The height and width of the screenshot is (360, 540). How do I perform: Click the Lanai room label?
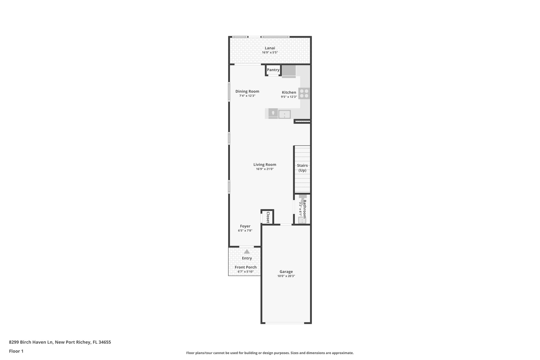[270, 48]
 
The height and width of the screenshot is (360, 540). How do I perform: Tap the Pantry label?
[273, 70]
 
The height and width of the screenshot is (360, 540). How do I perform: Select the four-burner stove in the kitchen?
[304, 93]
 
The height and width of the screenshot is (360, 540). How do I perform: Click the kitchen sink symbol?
[285, 114]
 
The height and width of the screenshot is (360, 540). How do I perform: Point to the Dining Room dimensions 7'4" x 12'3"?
[247, 96]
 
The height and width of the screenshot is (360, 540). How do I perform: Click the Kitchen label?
[289, 92]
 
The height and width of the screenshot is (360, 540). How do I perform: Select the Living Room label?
[265, 165]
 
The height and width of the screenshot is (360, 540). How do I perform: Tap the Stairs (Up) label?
[302, 168]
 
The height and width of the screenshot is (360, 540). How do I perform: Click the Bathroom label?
[305, 209]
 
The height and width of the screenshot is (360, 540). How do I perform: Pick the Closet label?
[268, 217]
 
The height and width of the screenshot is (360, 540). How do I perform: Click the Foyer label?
[245, 226]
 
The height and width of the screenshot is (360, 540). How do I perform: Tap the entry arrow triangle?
[247, 252]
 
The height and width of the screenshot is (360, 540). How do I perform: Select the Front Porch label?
[245, 267]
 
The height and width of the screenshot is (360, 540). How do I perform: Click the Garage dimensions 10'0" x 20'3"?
[286, 276]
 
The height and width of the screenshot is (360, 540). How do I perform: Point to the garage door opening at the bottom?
[285, 323]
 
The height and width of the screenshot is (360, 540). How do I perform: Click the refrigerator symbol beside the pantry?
[289, 71]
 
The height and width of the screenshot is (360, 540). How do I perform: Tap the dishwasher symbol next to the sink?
[273, 114]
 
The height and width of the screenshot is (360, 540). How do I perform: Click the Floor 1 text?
[16, 351]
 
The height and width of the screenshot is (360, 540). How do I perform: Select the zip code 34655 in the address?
[104, 342]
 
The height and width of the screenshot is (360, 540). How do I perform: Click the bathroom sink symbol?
[302, 220]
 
